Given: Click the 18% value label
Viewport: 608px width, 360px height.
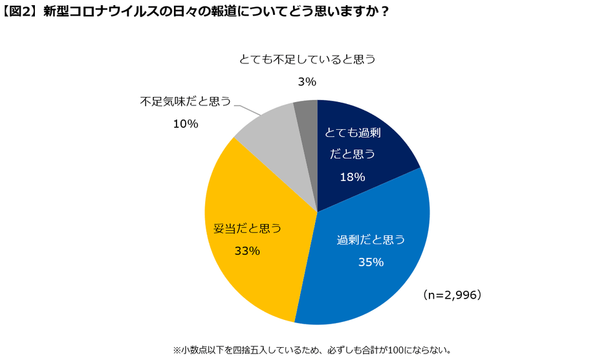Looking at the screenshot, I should [353, 176].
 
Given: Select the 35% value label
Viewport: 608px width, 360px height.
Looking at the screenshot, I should [371, 262].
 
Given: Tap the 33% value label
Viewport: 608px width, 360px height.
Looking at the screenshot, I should [247, 251].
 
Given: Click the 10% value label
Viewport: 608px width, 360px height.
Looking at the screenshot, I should [185, 123].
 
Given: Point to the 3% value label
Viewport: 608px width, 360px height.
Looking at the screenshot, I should [307, 81].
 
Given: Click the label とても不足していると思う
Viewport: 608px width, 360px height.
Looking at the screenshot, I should [307, 59].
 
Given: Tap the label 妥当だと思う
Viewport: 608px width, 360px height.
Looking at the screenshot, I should [248, 228].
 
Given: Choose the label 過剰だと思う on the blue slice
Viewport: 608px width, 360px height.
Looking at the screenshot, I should [371, 240].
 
